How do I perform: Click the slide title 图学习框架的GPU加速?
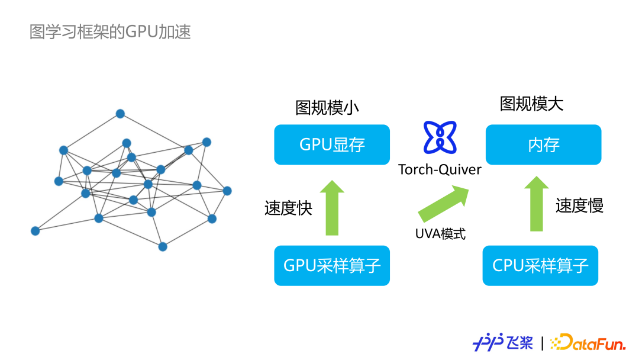click(110, 31)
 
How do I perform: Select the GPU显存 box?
click(332, 144)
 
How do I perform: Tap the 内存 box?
click(543, 144)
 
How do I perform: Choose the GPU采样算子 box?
click(332, 265)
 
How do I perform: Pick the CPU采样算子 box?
click(540, 265)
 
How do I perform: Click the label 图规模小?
click(327, 107)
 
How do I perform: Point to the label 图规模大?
click(531, 104)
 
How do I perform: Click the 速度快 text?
click(288, 208)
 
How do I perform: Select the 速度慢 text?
click(579, 205)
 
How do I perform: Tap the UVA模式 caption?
click(440, 234)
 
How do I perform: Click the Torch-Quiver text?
click(440, 170)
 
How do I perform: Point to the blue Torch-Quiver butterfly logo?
click(440, 136)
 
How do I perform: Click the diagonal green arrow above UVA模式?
click(443, 203)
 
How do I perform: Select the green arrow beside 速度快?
click(332, 208)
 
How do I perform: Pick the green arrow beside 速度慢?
click(537, 203)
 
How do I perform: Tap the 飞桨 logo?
click(503, 342)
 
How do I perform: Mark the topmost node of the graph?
click(120, 114)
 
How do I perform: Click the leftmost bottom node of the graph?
click(35, 231)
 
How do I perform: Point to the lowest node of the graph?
click(163, 246)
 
